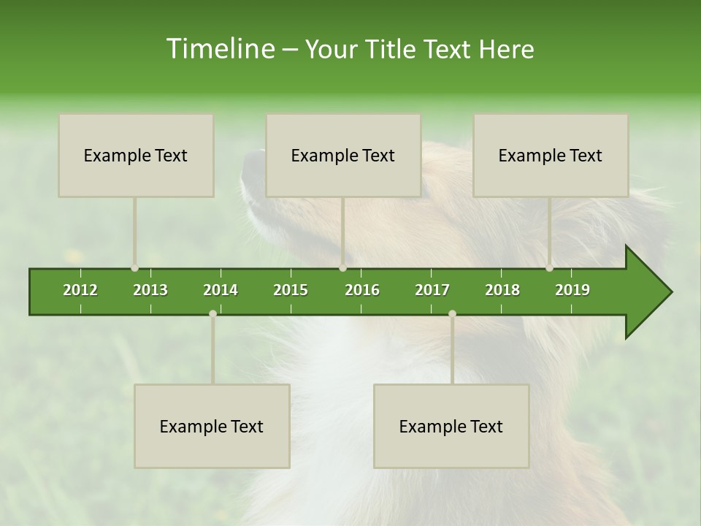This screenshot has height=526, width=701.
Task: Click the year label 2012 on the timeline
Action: [x=80, y=290]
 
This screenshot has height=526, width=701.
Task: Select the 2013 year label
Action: [x=150, y=290]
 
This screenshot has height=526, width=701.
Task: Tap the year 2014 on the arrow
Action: [x=221, y=290]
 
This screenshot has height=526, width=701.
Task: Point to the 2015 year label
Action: [x=291, y=290]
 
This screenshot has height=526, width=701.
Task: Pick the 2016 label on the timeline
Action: [x=362, y=290]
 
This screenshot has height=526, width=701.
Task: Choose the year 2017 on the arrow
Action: [x=432, y=290]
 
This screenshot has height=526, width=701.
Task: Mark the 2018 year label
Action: [x=502, y=290]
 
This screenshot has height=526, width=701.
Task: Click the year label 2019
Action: [x=572, y=290]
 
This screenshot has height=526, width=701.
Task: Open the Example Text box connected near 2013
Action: [x=136, y=155]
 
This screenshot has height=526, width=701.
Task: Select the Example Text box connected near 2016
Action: [x=343, y=155]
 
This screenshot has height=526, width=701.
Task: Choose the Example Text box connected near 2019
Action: [x=551, y=155]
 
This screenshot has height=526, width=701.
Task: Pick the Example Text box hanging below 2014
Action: [x=212, y=426]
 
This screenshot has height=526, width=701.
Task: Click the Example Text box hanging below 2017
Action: [x=451, y=426]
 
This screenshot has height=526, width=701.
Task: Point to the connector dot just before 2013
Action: [x=134, y=268]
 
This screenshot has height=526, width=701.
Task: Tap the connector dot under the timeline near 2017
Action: [x=452, y=313]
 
